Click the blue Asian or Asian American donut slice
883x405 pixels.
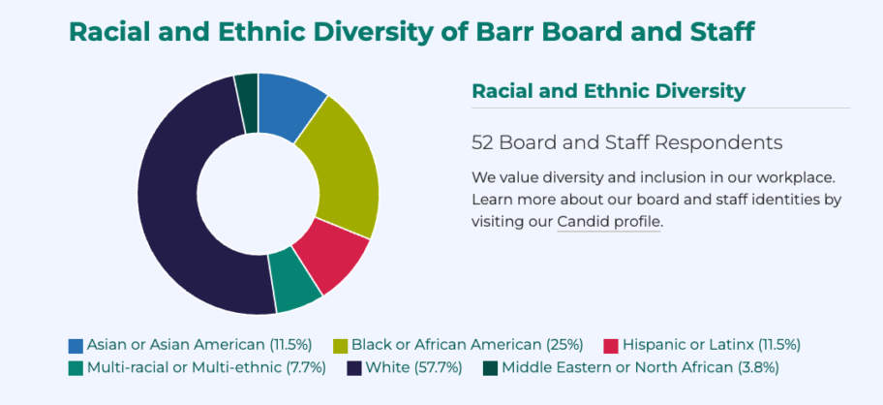tap(289, 104)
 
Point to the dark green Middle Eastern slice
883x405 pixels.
tap(248, 88)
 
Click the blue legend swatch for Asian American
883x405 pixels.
tap(76, 346)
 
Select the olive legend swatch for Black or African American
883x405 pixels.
tap(341, 346)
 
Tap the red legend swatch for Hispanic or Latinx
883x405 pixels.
tap(611, 346)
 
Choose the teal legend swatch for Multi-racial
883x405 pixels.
tap(76, 368)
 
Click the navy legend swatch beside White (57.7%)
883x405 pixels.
tap(354, 368)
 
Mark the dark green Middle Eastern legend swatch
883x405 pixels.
tap(490, 368)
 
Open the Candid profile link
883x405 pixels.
tap(609, 221)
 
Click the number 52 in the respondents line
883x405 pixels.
tap(482, 142)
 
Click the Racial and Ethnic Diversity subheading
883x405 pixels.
tap(608, 91)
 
